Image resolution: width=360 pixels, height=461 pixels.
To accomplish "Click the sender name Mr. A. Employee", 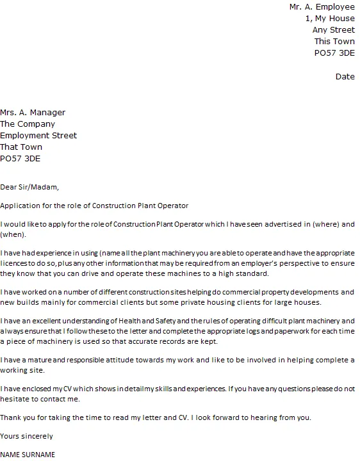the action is (x=322, y=7).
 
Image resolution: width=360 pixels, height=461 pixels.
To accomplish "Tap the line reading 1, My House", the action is (x=330, y=19).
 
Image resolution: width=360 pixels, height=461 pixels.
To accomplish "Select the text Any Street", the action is (x=333, y=30).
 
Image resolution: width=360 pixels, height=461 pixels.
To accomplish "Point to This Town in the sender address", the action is (x=334, y=42).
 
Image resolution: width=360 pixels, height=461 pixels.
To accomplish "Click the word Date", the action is (x=345, y=77).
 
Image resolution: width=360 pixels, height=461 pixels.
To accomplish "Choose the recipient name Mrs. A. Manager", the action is (x=33, y=113).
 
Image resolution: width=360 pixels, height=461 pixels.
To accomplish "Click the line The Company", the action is (x=28, y=124).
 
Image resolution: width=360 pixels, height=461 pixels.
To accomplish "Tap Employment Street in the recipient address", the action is (x=38, y=136).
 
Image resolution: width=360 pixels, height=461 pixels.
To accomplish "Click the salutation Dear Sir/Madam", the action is (x=29, y=188).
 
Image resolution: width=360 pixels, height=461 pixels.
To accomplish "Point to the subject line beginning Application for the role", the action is (x=95, y=206).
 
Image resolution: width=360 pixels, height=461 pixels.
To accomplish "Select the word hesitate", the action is (x=15, y=398).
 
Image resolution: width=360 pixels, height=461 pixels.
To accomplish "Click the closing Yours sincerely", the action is (x=27, y=436).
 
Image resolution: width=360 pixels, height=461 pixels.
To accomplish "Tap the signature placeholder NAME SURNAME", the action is (x=28, y=455).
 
